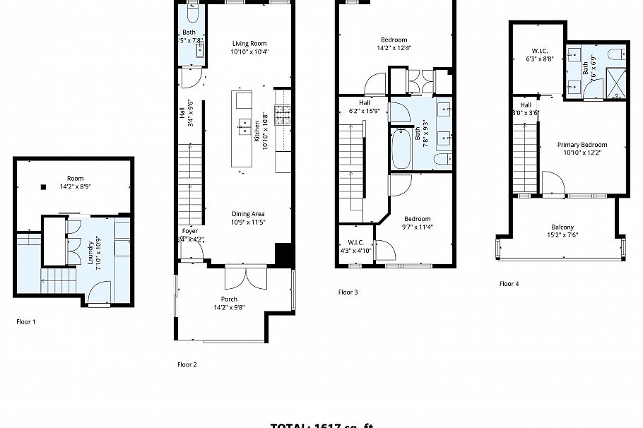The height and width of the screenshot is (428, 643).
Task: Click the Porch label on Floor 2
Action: click(230, 299)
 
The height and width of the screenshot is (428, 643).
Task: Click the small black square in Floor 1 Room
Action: click(44, 187)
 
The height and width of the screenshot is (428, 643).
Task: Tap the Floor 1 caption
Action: click(26, 321)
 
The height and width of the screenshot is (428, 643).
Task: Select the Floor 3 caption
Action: click(348, 292)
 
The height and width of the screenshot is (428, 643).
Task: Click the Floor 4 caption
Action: click(509, 284)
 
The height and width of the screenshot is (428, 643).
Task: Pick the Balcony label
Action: click(562, 227)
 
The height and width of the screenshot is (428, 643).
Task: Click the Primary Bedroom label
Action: click(581, 145)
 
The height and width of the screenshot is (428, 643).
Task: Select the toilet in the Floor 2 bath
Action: click(193, 14)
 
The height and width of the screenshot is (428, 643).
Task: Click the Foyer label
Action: click(190, 231)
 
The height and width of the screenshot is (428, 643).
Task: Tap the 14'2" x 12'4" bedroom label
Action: click(394, 40)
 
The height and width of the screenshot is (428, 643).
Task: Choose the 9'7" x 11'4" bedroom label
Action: click(417, 219)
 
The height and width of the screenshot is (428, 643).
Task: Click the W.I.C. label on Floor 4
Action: click(539, 51)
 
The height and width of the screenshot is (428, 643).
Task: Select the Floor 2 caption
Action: click(187, 364)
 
